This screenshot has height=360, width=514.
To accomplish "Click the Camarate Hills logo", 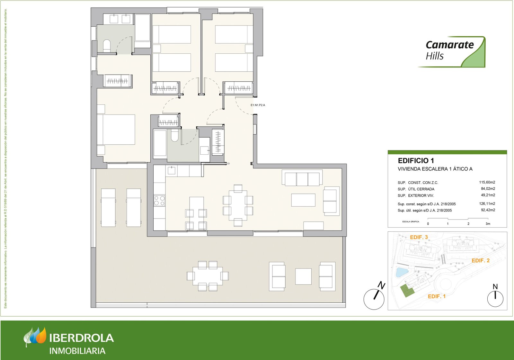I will click(x=451, y=51).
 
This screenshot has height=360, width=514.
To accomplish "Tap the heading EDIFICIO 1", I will click(x=416, y=161).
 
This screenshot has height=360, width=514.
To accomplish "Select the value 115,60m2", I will click(x=487, y=182).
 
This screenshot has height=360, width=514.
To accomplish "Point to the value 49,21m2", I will click(x=488, y=195).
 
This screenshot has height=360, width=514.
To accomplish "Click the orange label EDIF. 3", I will click(x=419, y=237).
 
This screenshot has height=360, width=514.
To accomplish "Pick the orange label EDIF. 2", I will click(x=480, y=261).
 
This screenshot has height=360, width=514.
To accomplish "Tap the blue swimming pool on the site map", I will click(x=401, y=272).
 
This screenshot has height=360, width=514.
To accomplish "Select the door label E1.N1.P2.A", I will click(x=258, y=105).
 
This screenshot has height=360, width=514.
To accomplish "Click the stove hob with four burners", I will click(x=159, y=201).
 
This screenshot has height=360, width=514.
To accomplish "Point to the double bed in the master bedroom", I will click(x=116, y=130).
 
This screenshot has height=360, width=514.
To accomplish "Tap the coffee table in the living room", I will click(x=303, y=200).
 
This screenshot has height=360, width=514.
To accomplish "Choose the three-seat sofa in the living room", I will click(x=302, y=179).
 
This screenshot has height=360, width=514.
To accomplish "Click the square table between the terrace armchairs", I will click(x=303, y=276).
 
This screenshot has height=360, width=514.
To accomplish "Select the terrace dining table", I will click(x=208, y=276).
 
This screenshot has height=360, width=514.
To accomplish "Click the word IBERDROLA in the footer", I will click(x=82, y=338).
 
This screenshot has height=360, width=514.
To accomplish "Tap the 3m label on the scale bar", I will click(x=488, y=224).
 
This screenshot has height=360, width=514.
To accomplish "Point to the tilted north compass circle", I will click(x=374, y=299).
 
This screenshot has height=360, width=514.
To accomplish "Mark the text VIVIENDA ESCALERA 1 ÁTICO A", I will click(x=435, y=169).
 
